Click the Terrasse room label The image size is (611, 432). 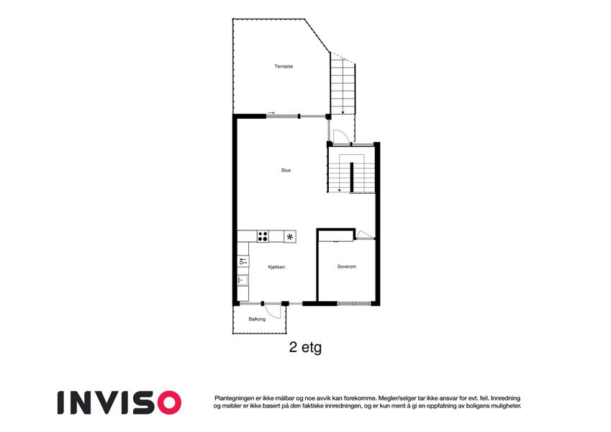pyautogui.click(x=284, y=66)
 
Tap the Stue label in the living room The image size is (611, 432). pyautogui.click(x=286, y=170)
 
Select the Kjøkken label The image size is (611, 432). pyautogui.click(x=276, y=267)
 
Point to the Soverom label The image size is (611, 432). pyautogui.click(x=346, y=266)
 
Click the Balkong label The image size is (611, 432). pyautogui.click(x=257, y=319)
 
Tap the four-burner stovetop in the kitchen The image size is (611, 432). pyautogui.click(x=263, y=236)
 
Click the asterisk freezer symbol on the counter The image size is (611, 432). pyautogui.click(x=289, y=236)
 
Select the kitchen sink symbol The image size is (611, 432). pyautogui.click(x=243, y=280)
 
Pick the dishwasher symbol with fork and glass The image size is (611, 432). pyautogui.click(x=243, y=261)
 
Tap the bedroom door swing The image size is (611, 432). pyautogui.click(x=365, y=234)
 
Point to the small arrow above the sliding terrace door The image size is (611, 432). pyautogui.click(x=271, y=113)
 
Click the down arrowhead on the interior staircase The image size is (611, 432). pyautogui.click(x=340, y=190)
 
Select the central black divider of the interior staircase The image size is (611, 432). pyautogui.click(x=351, y=177)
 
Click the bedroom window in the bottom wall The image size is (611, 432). pyautogui.click(x=353, y=303)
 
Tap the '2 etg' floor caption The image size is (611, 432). pyautogui.click(x=305, y=347)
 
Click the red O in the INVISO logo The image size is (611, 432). pyautogui.click(x=168, y=402)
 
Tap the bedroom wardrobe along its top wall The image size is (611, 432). pyautogui.click(x=336, y=236)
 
